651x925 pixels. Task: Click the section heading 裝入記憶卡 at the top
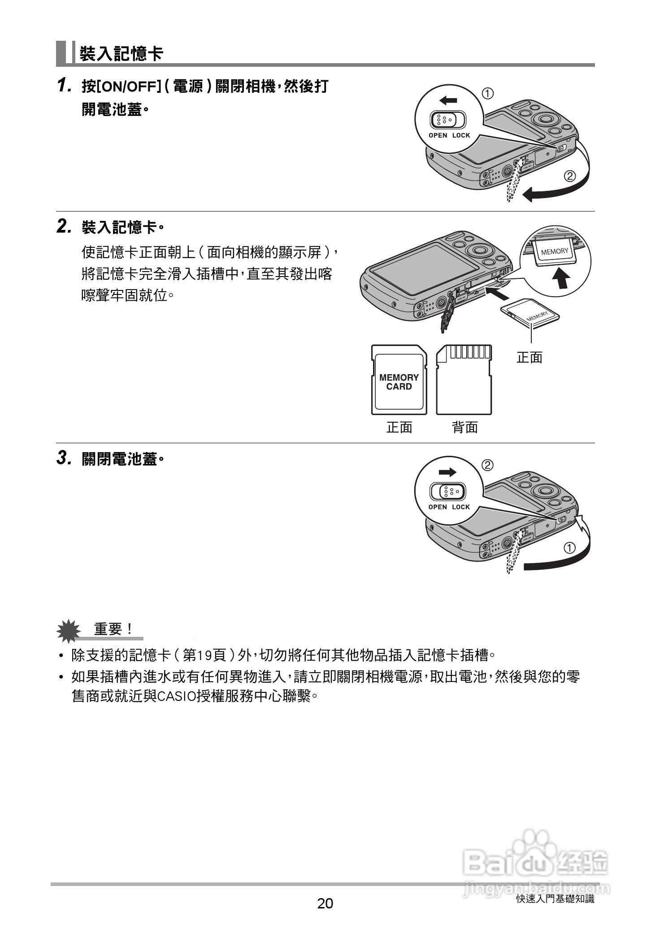(x=121, y=54)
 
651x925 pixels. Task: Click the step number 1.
(x=64, y=85)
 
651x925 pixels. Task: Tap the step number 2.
(x=64, y=226)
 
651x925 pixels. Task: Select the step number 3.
(x=64, y=458)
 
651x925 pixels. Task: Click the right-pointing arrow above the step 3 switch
(x=447, y=472)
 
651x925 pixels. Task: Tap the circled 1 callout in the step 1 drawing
(x=488, y=94)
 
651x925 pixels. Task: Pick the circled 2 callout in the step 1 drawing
(x=570, y=176)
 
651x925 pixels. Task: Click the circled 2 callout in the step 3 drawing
(x=488, y=465)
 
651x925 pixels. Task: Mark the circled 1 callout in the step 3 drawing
(x=569, y=548)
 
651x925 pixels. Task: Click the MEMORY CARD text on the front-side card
(x=399, y=382)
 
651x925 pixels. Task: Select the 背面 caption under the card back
(x=465, y=428)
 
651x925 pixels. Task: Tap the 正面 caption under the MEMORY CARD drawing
(x=399, y=428)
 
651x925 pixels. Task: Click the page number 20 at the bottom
(x=325, y=903)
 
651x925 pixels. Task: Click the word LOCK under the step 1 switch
(x=461, y=135)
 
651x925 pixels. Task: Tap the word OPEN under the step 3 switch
(x=438, y=507)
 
